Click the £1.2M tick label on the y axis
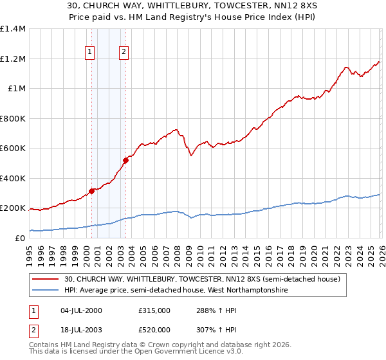(x=13, y=59)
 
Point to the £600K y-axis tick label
(x=13, y=148)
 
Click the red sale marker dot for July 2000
(x=92, y=190)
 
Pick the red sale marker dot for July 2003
(x=126, y=160)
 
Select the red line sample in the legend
(x=46, y=278)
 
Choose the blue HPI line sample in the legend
(x=46, y=291)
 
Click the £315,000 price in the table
(x=154, y=310)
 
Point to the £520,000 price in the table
(x=154, y=329)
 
